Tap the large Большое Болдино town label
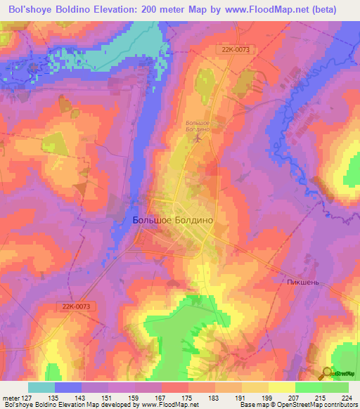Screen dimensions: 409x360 pos(172,220)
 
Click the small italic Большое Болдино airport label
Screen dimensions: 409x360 pos(198,126)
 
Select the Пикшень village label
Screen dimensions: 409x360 pos(302,282)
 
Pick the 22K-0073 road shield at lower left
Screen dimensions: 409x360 pos(76,306)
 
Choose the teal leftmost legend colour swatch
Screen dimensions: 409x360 pos(41,387)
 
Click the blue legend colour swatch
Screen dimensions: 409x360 pos(68,387)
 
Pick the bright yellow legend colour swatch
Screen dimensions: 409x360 pos(282,387)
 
